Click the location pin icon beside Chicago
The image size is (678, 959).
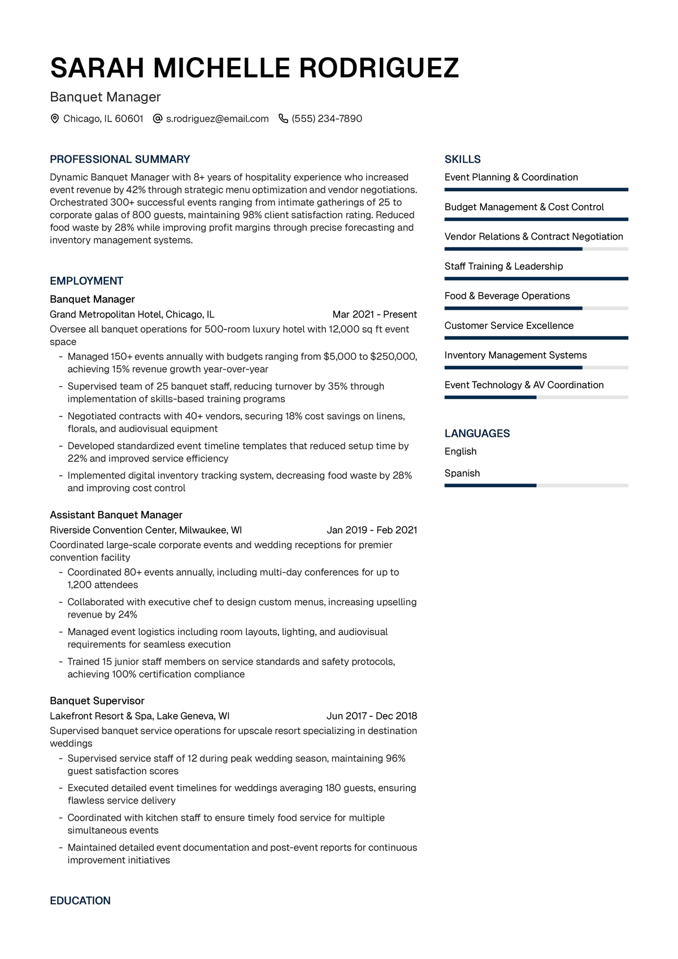tap(55, 119)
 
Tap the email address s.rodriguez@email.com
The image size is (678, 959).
tap(217, 119)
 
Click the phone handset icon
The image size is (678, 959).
tap(283, 119)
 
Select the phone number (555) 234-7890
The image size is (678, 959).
tap(327, 119)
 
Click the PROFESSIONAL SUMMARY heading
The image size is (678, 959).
tap(120, 159)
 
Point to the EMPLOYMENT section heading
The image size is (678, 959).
tap(86, 281)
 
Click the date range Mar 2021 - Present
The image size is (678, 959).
tap(375, 314)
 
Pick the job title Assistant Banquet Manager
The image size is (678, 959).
tap(116, 515)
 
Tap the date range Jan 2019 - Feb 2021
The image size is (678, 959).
tap(372, 530)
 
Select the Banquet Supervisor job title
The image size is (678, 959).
tap(97, 701)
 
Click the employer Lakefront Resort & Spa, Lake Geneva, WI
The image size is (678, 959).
tap(140, 716)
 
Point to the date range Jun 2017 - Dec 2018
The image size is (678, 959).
tap(372, 716)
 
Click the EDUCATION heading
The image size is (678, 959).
tap(80, 901)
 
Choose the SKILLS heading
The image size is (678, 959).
tap(463, 159)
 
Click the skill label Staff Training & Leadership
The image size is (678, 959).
tap(503, 266)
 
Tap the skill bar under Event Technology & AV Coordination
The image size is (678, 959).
tap(536, 397)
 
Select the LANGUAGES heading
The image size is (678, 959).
tap(477, 433)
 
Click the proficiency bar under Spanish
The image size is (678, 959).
tap(536, 485)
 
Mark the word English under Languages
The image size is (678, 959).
tap(460, 452)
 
